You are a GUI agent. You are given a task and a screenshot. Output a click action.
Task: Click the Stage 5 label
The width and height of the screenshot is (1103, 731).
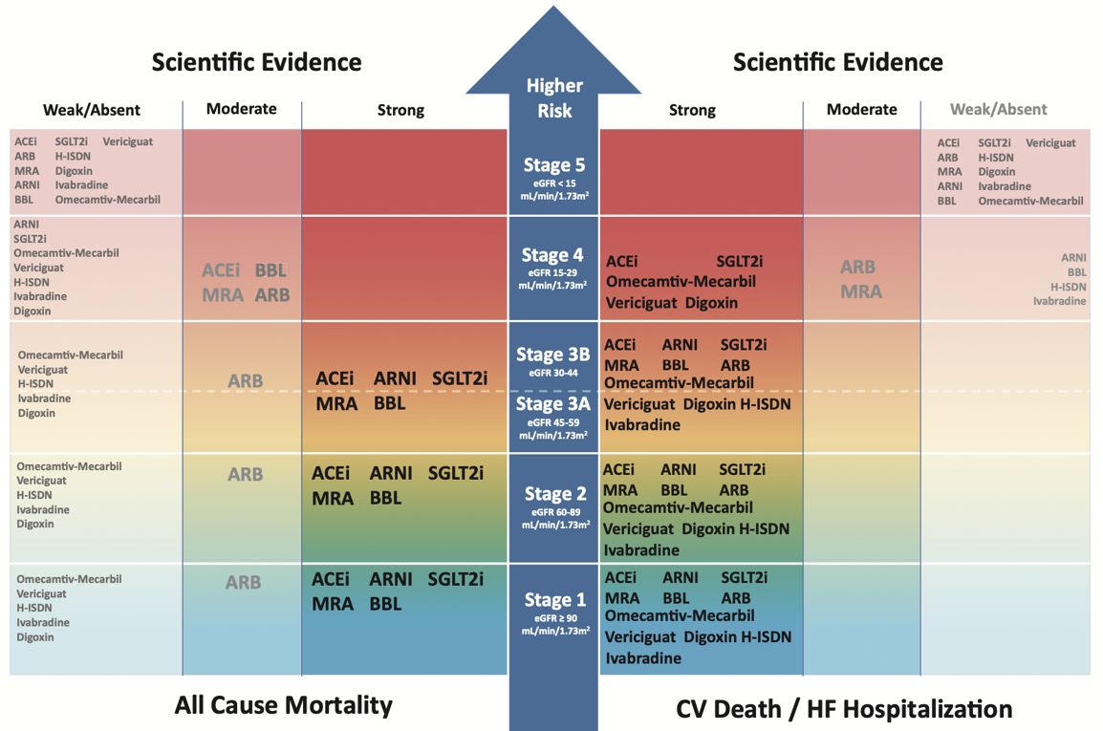coord(553,165)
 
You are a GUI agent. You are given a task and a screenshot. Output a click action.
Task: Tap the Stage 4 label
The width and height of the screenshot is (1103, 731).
coord(552,255)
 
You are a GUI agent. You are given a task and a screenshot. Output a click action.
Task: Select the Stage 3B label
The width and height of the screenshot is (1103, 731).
coord(553,355)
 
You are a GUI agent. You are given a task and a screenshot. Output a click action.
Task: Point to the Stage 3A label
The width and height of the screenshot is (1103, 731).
coord(553,404)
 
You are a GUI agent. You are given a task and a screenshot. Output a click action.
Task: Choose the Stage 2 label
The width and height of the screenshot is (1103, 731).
coord(554,494)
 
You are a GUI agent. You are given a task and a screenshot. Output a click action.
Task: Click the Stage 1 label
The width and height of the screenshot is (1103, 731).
coord(554,600)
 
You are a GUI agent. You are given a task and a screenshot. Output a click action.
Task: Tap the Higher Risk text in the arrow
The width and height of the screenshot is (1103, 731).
coord(554,98)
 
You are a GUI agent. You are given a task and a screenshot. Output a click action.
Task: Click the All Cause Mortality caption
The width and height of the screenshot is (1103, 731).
coord(284,705)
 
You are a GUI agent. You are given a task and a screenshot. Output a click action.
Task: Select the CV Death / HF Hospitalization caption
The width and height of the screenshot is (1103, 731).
coord(843,709)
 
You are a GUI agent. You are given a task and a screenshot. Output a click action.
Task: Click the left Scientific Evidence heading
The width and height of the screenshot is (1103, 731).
coord(256,63)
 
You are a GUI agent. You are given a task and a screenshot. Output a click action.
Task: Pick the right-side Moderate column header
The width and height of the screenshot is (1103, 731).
coord(861,110)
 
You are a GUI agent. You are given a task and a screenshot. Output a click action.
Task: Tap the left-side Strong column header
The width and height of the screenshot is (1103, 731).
coord(400,111)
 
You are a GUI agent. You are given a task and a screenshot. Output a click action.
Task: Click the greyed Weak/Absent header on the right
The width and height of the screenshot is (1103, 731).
coord(998,110)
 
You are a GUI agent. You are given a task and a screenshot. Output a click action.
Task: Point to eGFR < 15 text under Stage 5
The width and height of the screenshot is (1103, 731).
coord(553,183)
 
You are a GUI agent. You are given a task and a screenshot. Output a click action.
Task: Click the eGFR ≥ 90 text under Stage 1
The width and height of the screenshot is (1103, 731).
coord(554,618)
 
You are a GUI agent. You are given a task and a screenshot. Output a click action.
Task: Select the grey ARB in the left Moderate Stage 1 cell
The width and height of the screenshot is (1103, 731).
coord(243,582)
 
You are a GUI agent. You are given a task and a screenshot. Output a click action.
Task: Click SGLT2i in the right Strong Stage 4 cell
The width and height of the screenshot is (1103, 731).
coord(740,262)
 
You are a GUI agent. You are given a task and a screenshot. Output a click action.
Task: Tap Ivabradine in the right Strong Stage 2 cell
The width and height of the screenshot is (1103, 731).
coord(642,549)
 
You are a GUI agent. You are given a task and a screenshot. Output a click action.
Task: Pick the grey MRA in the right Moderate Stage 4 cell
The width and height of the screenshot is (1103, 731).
coord(861,292)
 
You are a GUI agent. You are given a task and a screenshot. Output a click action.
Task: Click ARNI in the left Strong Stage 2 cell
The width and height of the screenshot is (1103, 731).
coord(391,474)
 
